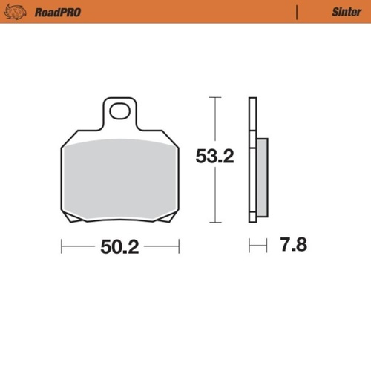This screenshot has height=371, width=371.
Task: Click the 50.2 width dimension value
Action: tap(119, 248)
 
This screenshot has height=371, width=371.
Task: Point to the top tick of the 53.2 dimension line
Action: tap(214, 97)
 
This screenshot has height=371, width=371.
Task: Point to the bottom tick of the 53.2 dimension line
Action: tap(214, 222)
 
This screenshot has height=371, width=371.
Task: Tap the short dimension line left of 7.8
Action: tap(257, 244)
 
